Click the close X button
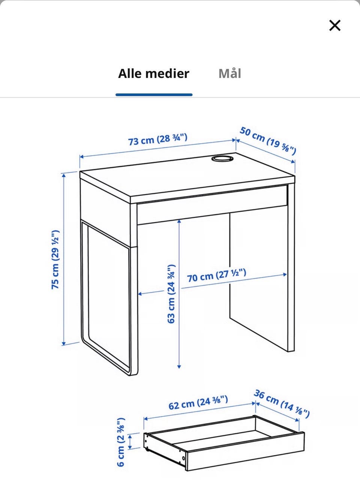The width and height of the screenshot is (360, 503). point(334,26)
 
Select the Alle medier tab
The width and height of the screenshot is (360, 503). point(154,74)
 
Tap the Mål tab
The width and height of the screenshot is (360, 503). point(230,73)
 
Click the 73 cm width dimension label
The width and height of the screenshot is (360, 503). point(157,139)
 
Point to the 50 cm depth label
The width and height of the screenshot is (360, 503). point(268,141)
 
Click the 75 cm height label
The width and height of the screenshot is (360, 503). point(55,260)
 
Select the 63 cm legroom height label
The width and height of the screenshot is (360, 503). point(171,294)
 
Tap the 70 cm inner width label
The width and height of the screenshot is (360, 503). point(217,275)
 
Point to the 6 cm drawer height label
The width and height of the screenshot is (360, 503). point(121,442)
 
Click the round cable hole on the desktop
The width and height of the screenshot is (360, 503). point(222,159)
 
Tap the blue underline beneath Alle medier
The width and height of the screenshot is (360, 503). point(154,95)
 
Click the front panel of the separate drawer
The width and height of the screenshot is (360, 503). point(245,451)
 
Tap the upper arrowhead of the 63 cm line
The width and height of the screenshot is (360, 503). point(179,222)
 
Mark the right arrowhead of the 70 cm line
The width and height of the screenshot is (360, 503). point(285,275)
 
